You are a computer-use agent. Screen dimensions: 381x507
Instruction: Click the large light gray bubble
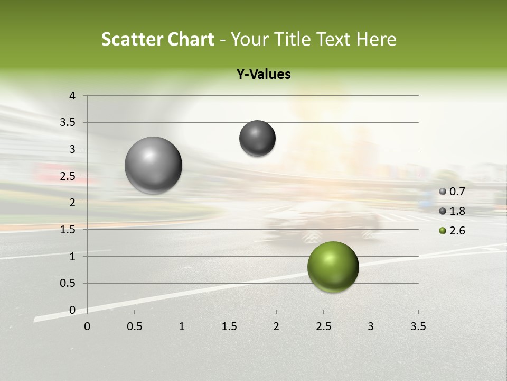point(153,165)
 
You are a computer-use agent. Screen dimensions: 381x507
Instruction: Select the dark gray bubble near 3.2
point(257,139)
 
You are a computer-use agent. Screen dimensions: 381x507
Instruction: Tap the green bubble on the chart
point(333,267)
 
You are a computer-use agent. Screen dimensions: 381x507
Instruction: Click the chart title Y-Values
point(264,75)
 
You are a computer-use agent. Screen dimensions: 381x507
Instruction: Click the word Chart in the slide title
point(191,39)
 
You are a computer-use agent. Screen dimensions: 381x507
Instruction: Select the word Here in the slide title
point(375,39)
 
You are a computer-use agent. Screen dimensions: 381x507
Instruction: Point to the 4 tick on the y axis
point(72,96)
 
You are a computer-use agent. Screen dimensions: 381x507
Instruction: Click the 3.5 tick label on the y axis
point(68,123)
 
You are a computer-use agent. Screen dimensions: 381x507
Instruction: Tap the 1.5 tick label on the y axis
point(68,230)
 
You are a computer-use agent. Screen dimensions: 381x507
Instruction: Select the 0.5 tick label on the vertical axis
point(68,283)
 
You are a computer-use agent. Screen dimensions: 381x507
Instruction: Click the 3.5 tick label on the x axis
point(418,326)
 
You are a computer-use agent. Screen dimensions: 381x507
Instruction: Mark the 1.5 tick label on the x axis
point(229,326)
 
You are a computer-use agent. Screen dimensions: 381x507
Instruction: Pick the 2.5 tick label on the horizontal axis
point(323,326)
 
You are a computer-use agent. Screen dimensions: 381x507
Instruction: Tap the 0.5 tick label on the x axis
point(134,326)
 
